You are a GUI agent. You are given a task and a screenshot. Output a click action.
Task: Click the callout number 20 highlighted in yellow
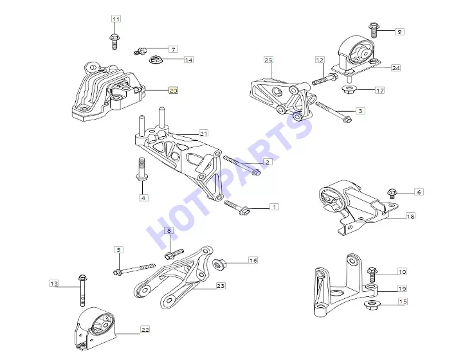coord(173,91)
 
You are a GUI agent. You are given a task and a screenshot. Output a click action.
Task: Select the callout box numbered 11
coord(116,19)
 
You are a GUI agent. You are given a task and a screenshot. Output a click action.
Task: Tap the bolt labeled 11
coord(114,42)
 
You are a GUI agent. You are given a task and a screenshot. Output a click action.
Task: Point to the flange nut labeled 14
coord(155,60)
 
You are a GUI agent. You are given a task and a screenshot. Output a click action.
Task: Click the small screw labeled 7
coord(140,51)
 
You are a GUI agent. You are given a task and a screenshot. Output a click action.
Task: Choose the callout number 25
coord(268,60)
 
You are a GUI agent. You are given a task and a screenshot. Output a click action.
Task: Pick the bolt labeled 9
coord(374,30)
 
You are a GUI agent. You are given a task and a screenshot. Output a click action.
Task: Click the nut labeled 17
coord(349,89)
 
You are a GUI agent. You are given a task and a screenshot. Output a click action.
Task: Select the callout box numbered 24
coord(396,67)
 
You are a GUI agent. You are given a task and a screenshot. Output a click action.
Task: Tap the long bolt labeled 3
coord(334,112)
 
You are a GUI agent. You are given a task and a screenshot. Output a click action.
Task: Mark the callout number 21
coord(204,133)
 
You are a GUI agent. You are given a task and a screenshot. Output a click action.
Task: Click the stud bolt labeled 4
coord(142,169)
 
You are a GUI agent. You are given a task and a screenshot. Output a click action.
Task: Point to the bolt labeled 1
coord(236,208)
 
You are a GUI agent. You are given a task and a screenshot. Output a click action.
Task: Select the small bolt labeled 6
coord(391,193)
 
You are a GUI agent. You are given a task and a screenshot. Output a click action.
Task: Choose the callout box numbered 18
coord(410,216)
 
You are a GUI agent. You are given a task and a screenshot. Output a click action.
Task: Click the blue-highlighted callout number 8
coord(169,231)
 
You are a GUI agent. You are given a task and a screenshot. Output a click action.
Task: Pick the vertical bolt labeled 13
coord(82,290)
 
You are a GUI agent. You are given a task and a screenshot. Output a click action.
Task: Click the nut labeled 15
coord(371,305)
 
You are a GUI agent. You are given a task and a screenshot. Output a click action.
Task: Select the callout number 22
coord(145,330)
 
